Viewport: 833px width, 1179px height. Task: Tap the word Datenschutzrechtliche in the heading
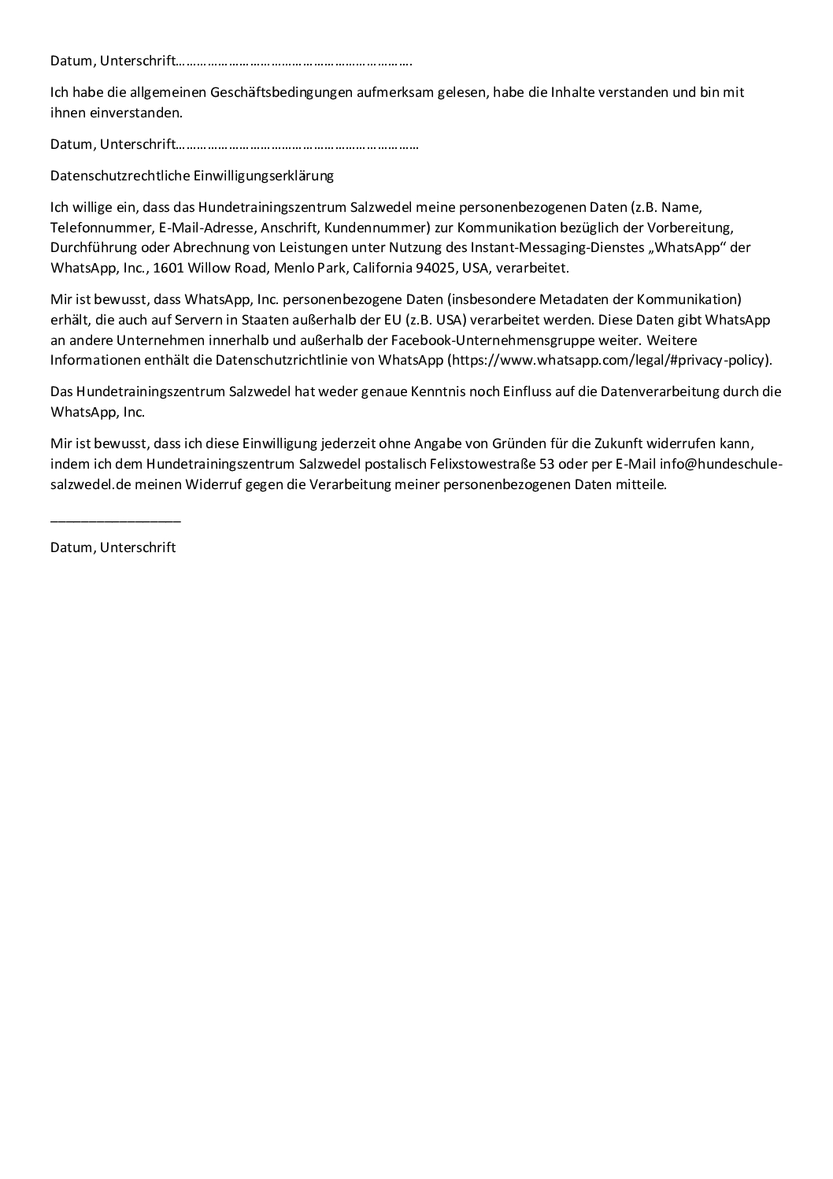(x=120, y=176)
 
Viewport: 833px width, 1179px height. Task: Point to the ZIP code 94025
(x=436, y=268)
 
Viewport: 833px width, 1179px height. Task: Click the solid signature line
(x=116, y=521)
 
